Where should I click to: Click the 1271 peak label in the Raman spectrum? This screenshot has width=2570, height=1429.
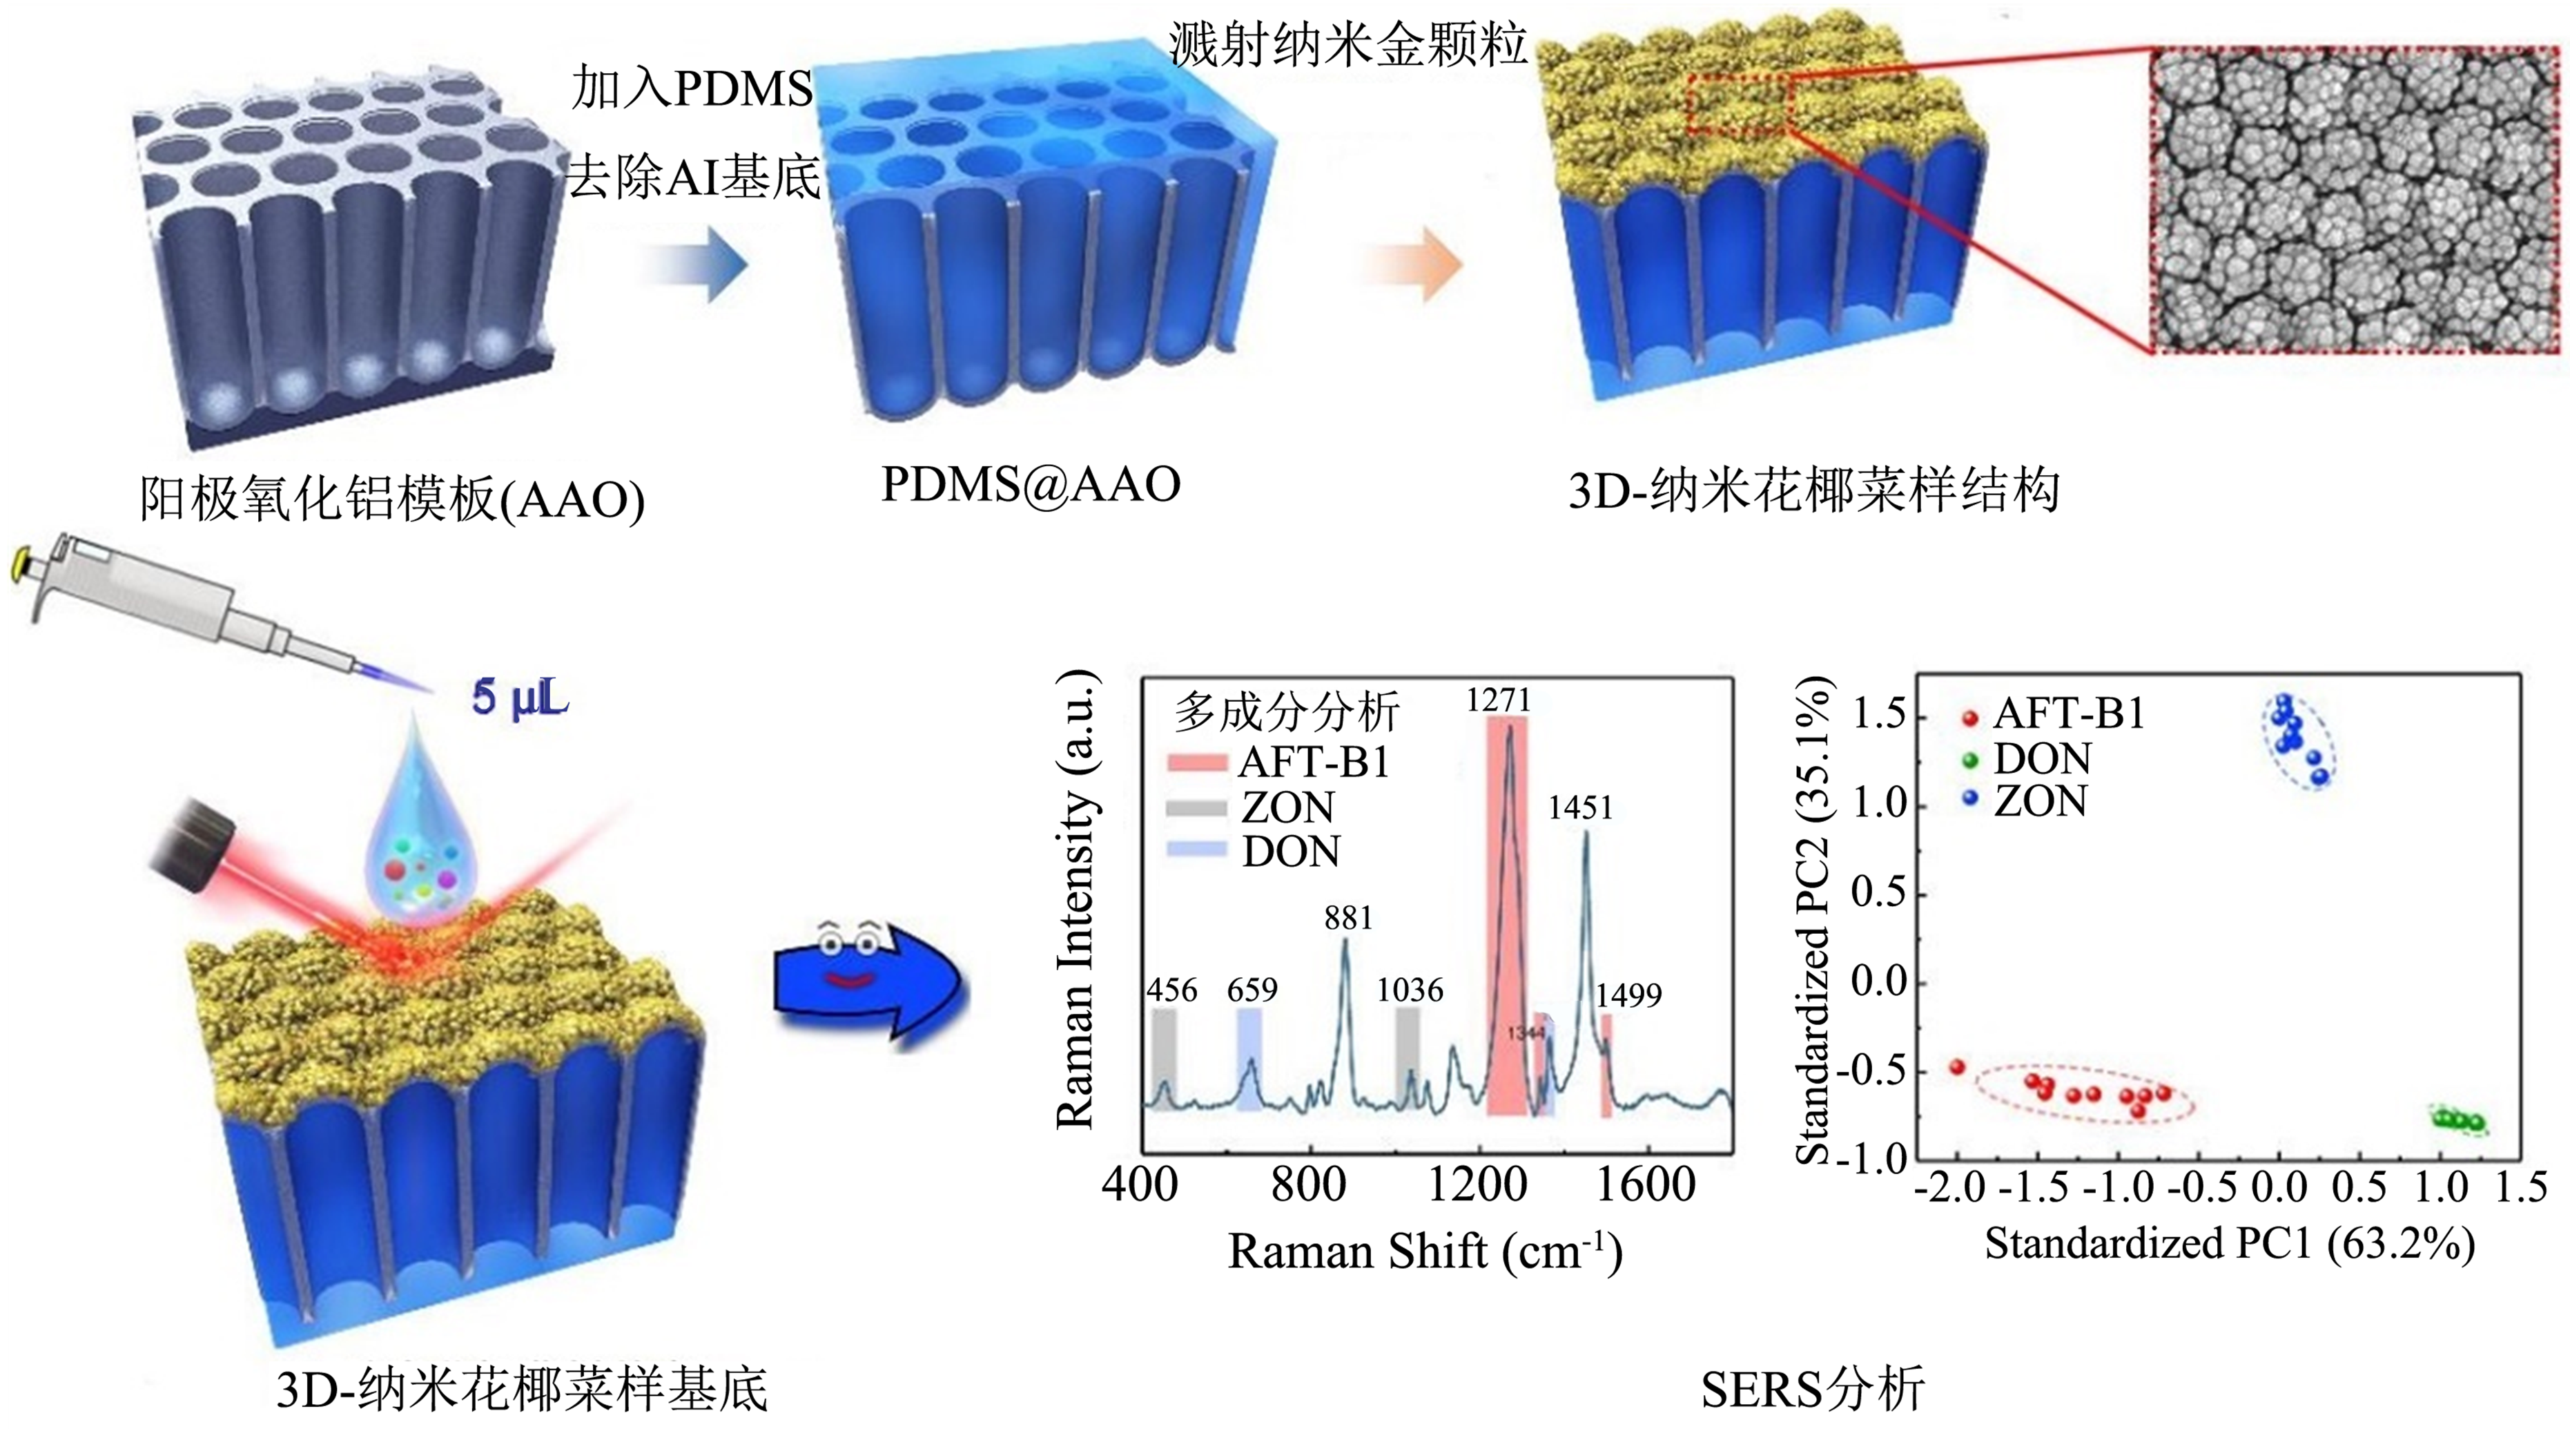[x=1497, y=700]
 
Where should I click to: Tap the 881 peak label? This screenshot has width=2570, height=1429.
[x=1348, y=917]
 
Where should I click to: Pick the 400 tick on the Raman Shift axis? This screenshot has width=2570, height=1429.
[x=1139, y=1185]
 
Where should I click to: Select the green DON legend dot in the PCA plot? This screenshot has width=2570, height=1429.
[x=1969, y=760]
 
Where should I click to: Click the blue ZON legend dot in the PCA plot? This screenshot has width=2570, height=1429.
[x=1969, y=799]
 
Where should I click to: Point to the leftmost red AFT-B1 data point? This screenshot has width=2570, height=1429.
[x=1958, y=1067]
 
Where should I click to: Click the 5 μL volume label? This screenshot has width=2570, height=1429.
[x=520, y=698]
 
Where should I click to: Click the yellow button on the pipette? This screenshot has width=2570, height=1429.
[x=17, y=570]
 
